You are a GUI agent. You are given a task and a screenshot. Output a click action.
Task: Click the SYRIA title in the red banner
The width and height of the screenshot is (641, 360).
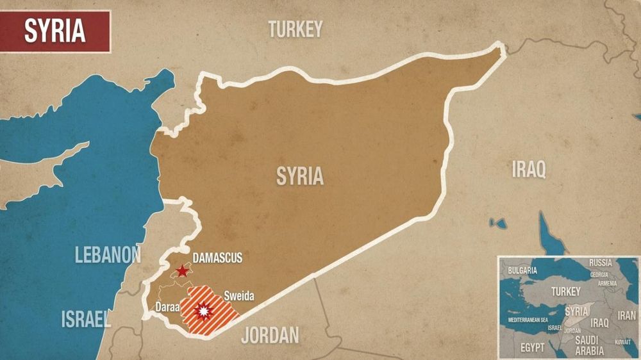(54, 31)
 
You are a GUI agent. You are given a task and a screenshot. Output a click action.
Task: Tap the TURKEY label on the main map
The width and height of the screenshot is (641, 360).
(295, 29)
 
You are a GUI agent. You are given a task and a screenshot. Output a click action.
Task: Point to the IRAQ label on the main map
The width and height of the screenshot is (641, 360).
(529, 170)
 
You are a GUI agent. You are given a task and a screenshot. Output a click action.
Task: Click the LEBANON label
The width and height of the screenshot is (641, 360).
(108, 254)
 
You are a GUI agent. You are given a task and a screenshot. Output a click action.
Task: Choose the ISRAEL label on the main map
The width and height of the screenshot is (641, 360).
(86, 318)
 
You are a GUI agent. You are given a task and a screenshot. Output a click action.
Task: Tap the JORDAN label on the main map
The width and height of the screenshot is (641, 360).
(270, 334)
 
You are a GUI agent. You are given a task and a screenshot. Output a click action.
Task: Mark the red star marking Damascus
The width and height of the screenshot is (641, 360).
(183, 271)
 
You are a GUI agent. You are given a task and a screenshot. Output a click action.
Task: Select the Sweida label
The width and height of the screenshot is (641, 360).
(238, 296)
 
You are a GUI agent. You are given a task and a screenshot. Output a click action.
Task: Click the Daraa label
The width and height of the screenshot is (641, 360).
(167, 307)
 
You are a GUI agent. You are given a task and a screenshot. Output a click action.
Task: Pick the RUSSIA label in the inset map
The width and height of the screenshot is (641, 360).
(600, 263)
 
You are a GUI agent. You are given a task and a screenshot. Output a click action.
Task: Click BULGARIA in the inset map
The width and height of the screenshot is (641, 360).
(522, 270)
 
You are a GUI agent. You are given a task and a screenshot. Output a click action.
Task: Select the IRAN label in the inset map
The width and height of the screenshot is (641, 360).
(626, 316)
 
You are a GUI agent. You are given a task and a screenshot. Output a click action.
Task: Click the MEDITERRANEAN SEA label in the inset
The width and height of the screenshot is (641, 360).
(528, 319)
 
